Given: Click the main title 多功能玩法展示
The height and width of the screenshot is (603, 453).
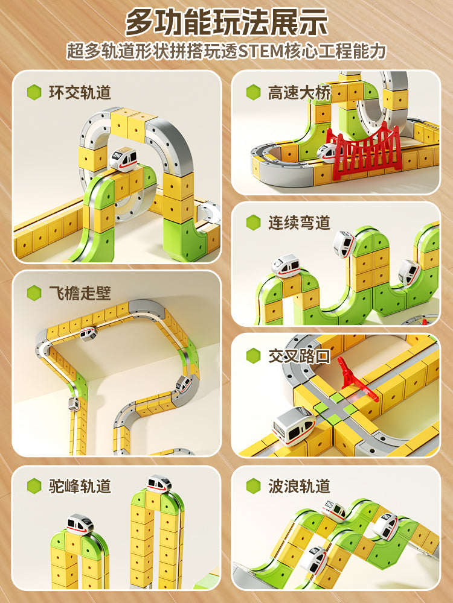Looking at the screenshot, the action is pyautogui.click(x=226, y=22).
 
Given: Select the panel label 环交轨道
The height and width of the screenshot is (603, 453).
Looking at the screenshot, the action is pyautogui.click(x=80, y=93).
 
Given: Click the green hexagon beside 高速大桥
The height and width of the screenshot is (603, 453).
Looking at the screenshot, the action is pyautogui.click(x=254, y=93).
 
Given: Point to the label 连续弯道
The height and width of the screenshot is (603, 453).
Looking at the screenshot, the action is pyautogui.click(x=300, y=223).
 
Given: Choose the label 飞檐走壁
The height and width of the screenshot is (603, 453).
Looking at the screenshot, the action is pyautogui.click(x=80, y=293).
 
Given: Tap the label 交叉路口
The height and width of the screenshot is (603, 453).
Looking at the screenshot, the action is pyautogui.click(x=300, y=356).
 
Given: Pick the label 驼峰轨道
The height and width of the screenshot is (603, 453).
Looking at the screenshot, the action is pyautogui.click(x=80, y=486).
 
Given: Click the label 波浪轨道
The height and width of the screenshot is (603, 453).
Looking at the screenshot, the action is pyautogui.click(x=300, y=486).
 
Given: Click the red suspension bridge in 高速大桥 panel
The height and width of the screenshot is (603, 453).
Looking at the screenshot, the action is pyautogui.click(x=363, y=153).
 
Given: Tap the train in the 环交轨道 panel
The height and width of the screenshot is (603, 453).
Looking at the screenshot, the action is pyautogui.click(x=124, y=159).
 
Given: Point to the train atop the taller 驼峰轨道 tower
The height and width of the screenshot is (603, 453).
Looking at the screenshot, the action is pyautogui.click(x=159, y=484).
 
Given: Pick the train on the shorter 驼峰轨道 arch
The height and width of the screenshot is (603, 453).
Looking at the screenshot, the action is pyautogui.click(x=80, y=524).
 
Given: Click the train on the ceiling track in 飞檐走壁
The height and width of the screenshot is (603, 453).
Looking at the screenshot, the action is pyautogui.click(x=88, y=333).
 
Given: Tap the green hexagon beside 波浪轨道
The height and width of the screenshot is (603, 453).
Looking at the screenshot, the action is pyautogui.click(x=254, y=486).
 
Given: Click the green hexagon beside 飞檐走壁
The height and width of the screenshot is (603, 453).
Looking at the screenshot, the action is pyautogui.click(x=34, y=293).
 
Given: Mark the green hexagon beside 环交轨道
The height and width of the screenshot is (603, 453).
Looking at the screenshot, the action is pyautogui.click(x=34, y=93).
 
